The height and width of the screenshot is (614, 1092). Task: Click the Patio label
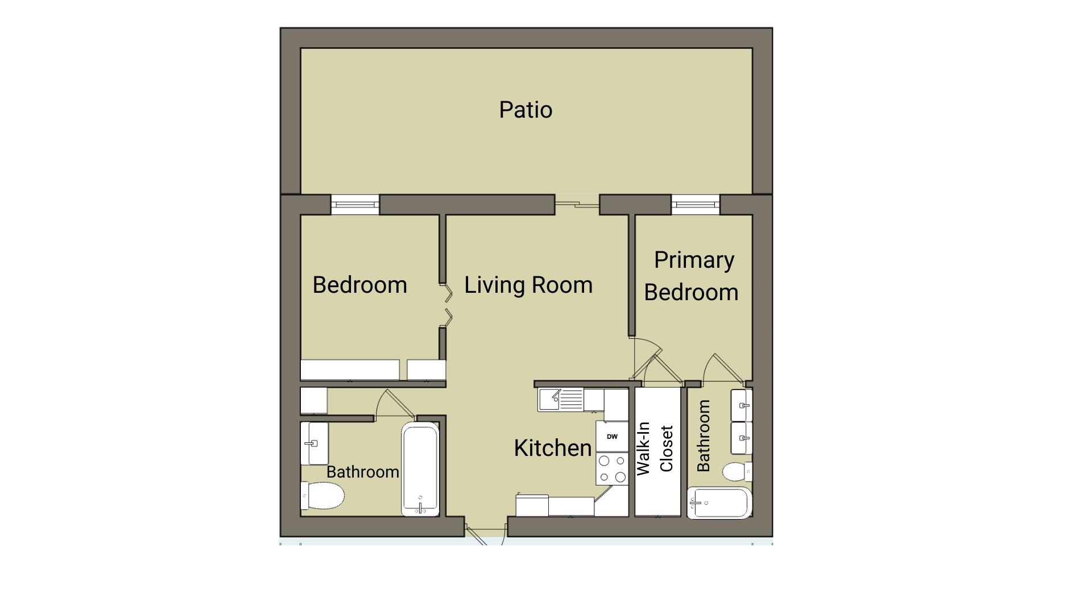point(526,110)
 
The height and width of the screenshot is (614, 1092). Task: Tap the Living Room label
point(528,285)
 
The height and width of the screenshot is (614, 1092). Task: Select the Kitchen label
point(553,448)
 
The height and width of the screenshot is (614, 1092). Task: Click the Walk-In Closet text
point(655,449)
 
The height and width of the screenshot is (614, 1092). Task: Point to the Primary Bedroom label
point(692,276)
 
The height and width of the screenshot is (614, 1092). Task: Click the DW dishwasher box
point(612,437)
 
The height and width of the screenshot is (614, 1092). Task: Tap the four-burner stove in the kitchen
point(612,468)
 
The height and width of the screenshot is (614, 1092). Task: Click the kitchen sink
point(561,400)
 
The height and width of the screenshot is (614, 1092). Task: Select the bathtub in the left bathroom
point(420,469)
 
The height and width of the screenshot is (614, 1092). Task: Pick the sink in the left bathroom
point(315,443)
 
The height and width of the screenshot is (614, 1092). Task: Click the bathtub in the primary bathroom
point(719,503)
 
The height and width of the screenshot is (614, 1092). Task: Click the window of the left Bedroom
point(355,205)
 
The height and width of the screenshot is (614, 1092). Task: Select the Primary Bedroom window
point(695,205)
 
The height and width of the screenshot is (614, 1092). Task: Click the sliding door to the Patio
point(577,202)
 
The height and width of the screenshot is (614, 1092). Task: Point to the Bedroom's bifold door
point(447,306)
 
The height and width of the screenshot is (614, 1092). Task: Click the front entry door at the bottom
point(485,535)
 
